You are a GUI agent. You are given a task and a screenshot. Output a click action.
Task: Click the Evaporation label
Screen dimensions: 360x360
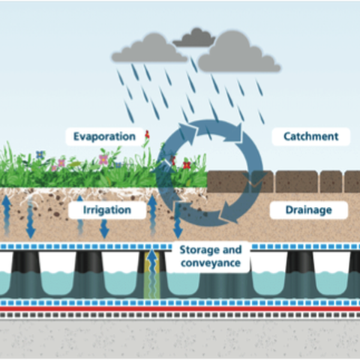click(x=104, y=136)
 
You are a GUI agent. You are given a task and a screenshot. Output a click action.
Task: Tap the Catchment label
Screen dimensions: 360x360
click(x=311, y=136)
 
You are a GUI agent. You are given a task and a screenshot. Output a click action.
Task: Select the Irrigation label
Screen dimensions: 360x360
click(x=107, y=210)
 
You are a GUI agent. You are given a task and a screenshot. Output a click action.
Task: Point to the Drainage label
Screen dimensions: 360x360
click(x=309, y=210)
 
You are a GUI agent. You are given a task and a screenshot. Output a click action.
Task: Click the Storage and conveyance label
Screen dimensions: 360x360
click(x=211, y=256)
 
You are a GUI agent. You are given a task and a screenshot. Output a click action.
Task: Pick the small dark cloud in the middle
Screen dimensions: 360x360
click(x=194, y=38)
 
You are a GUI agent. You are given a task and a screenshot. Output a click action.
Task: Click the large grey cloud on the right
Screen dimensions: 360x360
click(x=239, y=52)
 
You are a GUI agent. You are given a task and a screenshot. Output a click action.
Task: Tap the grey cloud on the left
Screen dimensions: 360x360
click(x=149, y=49)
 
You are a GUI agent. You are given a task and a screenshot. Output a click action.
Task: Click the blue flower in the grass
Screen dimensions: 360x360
click(x=40, y=154)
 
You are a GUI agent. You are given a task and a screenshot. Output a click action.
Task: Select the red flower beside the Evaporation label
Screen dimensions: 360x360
click(x=147, y=135)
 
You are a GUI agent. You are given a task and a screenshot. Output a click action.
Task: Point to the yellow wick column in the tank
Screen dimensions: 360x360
click(x=152, y=275)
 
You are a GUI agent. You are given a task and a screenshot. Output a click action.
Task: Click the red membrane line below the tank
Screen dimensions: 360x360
click(x=180, y=309)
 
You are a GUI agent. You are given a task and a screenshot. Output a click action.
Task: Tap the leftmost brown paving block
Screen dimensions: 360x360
click(x=228, y=181)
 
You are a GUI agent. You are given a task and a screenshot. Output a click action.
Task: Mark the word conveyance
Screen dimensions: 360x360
click(x=211, y=263)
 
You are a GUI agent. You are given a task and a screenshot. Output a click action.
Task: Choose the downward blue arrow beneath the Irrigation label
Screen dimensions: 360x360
click(x=104, y=229)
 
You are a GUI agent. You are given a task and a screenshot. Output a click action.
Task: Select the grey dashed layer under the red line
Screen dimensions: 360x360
click(x=180, y=315)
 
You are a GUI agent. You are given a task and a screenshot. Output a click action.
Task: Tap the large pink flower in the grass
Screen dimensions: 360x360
click(x=103, y=160)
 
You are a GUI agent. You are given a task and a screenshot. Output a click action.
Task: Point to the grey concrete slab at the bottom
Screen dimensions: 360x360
click(x=180, y=339)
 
